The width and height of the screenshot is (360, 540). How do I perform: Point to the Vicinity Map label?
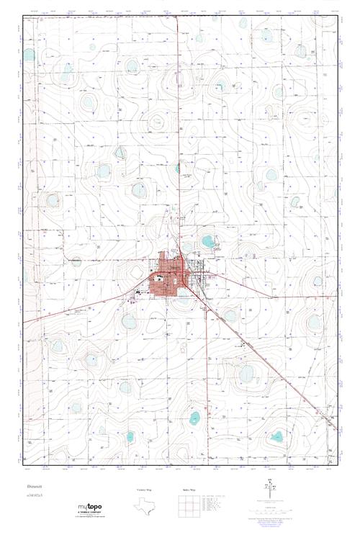(146, 489)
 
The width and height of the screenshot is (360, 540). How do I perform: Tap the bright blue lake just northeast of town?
(207, 241)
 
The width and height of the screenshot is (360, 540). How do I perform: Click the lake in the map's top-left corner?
(29, 54)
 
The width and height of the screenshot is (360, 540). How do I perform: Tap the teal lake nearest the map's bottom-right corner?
(277, 436)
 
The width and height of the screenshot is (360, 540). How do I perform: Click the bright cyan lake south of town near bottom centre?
(194, 417)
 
